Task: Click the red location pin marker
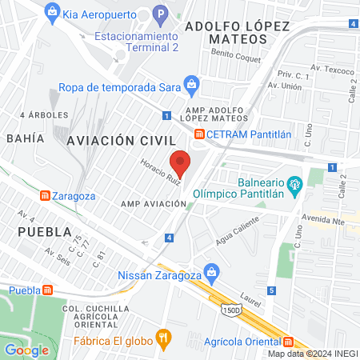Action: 180,162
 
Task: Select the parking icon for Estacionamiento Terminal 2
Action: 159,14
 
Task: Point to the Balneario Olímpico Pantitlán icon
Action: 294,184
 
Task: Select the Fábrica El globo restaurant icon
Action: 164,338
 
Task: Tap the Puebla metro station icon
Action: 48,291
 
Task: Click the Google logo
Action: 26,350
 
